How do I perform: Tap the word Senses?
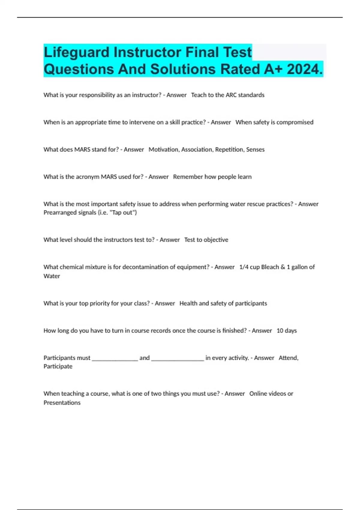click(255, 150)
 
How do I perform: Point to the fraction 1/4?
click(244, 267)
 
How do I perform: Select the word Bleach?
click(270, 267)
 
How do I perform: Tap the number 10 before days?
click(280, 331)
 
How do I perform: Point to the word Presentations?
click(62, 403)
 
